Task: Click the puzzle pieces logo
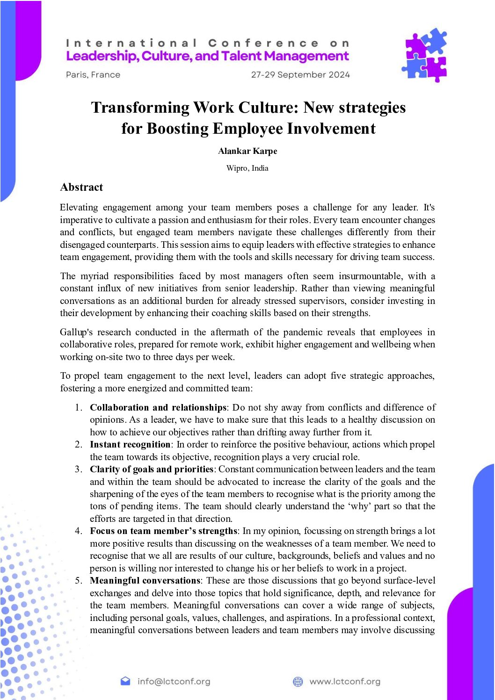[424, 55]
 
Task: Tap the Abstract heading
[81, 188]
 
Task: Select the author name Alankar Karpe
[247, 151]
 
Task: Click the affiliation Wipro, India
[247, 168]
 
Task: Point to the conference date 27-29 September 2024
[300, 75]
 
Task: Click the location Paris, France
[93, 75]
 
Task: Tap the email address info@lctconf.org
[174, 681]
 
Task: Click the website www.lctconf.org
[345, 681]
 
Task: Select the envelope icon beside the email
[125, 681]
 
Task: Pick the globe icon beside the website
[298, 681]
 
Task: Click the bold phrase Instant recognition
[130, 445]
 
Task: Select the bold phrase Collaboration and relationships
[158, 408]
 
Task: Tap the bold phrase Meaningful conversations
[145, 581]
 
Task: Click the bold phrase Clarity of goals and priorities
[152, 469]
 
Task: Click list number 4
[78, 531]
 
